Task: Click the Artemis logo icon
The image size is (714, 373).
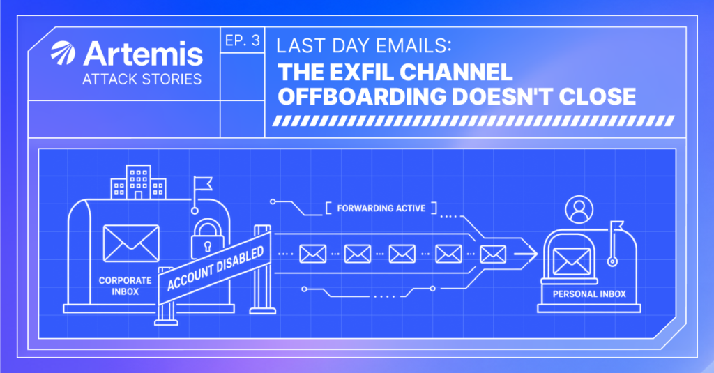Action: (63, 53)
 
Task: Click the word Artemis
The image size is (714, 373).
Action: (143, 54)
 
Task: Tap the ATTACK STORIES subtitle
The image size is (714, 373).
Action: (142, 79)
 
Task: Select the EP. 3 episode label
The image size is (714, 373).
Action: (242, 40)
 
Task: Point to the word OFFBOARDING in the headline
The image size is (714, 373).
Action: (362, 96)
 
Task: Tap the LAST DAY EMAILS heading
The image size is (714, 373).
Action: (364, 46)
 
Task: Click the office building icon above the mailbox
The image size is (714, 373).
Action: (139, 182)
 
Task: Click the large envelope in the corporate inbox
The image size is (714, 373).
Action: (131, 243)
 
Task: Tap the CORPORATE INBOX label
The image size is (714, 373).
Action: (126, 286)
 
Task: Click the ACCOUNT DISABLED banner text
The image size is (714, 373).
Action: (215, 268)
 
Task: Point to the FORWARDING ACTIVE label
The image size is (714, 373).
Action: (381, 208)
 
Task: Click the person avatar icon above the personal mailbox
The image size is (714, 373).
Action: (579, 209)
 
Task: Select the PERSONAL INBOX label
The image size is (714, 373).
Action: (589, 294)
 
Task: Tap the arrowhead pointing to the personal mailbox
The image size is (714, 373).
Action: (531, 254)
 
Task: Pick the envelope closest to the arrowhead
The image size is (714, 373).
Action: (493, 254)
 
